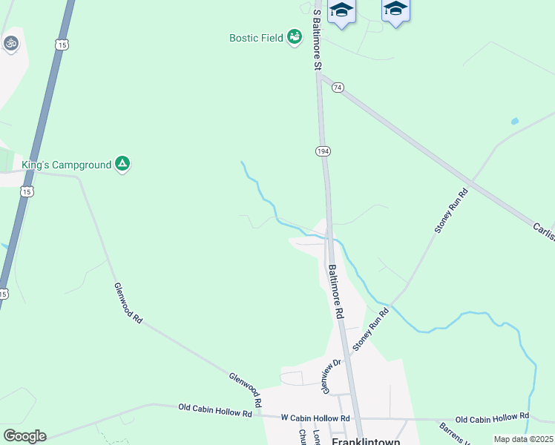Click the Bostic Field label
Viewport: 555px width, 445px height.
click(256, 37)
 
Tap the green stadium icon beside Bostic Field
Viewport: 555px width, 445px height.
click(295, 36)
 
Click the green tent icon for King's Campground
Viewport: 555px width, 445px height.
click(122, 164)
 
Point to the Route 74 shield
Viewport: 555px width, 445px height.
click(338, 87)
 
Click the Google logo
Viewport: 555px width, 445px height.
click(24, 436)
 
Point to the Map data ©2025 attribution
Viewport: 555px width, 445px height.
click(523, 439)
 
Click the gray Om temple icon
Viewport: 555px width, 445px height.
click(10, 43)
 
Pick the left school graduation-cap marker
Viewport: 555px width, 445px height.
click(341, 10)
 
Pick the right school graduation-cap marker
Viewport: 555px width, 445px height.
click(395, 9)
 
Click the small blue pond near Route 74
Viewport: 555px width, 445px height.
click(514, 120)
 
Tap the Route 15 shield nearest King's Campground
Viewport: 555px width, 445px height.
click(27, 191)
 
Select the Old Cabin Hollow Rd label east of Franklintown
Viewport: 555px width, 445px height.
click(492, 417)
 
